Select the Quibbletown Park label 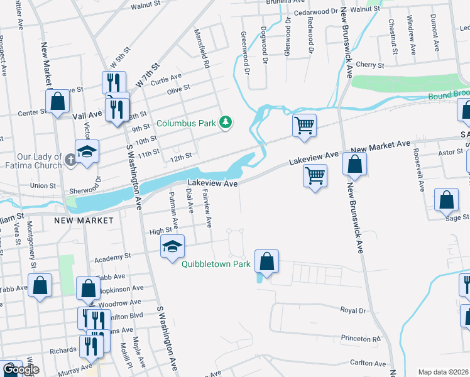coord(216,265)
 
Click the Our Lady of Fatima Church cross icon coord(71,160)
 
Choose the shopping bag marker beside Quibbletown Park coord(267,261)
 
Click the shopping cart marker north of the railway coord(304,124)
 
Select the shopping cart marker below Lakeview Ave coord(315,174)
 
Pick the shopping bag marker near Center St coord(57,101)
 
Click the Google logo coord(21,370)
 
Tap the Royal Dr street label coord(352,310)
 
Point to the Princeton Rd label coord(361,338)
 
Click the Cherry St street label coord(369,65)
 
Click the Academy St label coord(112,257)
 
